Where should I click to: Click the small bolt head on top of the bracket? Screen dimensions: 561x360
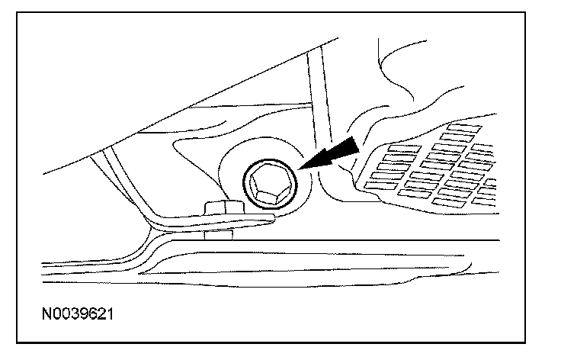217,207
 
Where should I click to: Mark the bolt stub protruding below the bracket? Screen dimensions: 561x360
216,233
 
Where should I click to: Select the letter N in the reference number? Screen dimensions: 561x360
46,313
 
